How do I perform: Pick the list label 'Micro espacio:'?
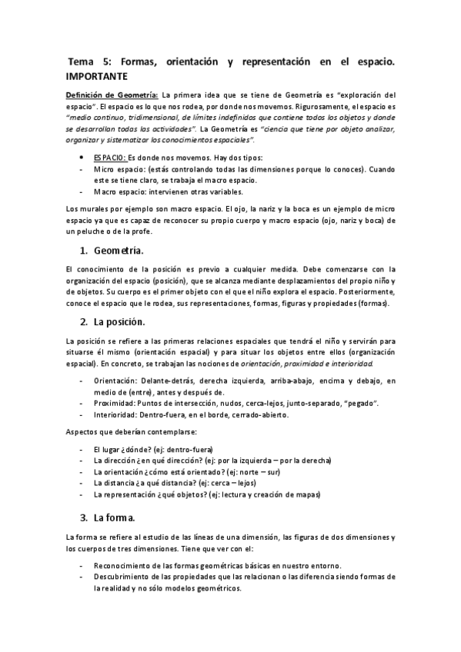point(117,168)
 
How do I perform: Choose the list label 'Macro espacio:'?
point(118,191)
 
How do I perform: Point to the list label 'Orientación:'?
point(118,381)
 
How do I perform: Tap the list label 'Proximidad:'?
point(117,403)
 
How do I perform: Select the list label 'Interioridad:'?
point(118,415)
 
